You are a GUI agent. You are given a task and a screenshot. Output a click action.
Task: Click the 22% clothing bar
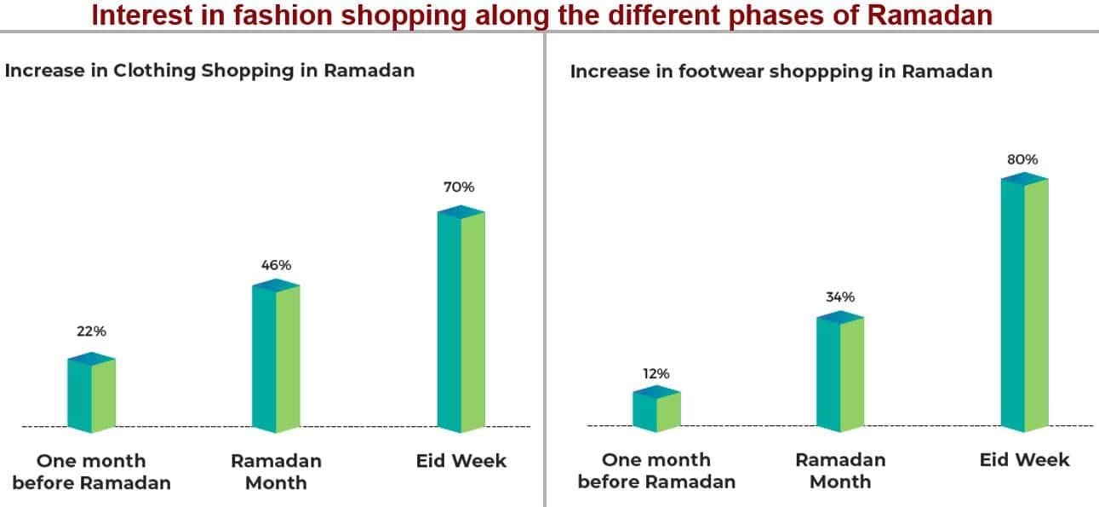click(91, 393)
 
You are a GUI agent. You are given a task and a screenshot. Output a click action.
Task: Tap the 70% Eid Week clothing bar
click(461, 319)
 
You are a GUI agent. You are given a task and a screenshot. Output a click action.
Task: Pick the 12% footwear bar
click(656, 409)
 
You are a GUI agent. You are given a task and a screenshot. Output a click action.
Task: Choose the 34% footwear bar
click(840, 372)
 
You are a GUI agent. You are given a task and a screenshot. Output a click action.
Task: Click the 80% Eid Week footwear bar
click(1024, 302)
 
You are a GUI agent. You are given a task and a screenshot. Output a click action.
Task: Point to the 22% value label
click(91, 331)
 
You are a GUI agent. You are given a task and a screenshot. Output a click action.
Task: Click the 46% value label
click(276, 265)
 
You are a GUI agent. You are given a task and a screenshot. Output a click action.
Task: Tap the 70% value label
click(459, 187)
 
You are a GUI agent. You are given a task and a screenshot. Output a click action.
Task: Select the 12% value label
click(656, 374)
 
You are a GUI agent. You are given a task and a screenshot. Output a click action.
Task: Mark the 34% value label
click(840, 297)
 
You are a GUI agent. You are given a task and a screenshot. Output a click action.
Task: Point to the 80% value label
click(1023, 159)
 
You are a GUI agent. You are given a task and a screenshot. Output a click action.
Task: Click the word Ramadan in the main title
click(930, 14)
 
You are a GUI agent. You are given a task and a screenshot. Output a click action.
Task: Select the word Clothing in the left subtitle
click(155, 71)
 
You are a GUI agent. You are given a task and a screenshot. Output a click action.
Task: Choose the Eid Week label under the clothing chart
click(461, 461)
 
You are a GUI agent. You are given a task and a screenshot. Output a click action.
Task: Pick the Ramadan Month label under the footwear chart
click(840, 470)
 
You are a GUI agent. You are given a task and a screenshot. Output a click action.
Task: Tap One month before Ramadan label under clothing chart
click(91, 471)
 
